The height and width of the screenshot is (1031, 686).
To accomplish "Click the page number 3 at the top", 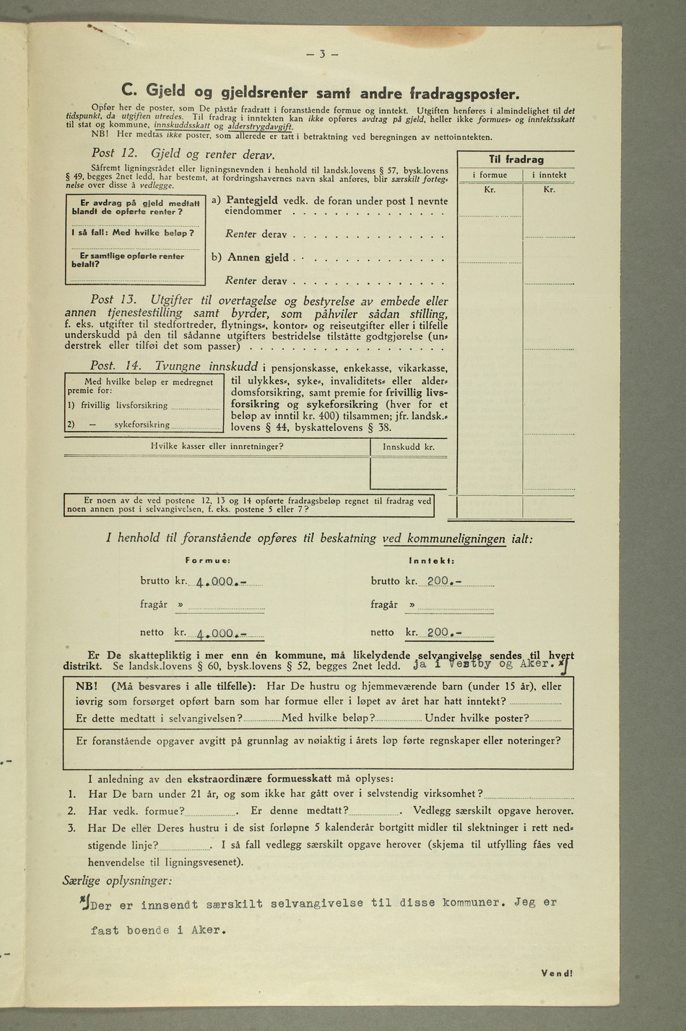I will tap(323, 54).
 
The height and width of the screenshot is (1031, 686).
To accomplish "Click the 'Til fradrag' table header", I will tap(516, 159).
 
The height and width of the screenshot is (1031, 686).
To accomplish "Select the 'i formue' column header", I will tap(489, 175).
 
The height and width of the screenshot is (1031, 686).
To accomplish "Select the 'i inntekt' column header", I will tap(550, 175).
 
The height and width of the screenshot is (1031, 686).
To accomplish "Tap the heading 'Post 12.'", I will tap(114, 154).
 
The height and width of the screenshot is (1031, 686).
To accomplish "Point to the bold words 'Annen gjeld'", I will tap(258, 257).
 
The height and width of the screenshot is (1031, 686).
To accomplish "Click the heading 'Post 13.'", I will tap(114, 300).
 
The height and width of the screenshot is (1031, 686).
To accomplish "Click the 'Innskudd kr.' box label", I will tap(409, 447).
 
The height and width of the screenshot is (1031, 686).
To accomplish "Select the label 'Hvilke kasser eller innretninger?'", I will tap(217, 447).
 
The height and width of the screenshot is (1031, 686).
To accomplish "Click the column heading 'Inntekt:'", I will tap(430, 560).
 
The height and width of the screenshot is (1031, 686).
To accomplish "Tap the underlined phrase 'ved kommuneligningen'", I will tap(454, 539).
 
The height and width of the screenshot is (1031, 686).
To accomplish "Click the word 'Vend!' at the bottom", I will tap(556, 973).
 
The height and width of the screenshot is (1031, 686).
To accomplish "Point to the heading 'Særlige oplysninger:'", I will tap(118, 881).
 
